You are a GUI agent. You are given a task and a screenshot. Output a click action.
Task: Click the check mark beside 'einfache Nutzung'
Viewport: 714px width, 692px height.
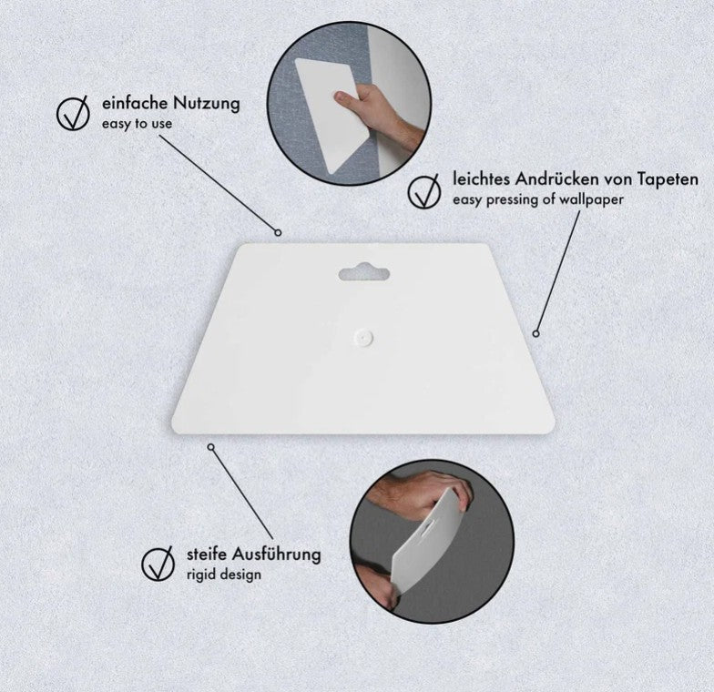click(x=73, y=113)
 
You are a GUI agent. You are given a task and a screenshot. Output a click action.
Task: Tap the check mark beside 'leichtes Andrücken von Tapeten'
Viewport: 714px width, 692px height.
click(x=424, y=191)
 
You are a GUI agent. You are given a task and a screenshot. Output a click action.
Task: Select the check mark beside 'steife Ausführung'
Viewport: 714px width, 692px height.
click(x=158, y=563)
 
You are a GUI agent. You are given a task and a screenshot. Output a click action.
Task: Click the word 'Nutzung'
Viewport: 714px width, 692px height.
click(x=206, y=104)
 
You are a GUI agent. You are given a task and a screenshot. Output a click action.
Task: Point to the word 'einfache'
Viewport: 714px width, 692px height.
click(x=135, y=103)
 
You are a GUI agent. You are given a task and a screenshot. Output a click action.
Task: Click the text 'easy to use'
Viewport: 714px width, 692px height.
click(x=137, y=124)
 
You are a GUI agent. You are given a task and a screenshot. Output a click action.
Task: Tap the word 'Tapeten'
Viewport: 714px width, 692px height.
click(x=668, y=179)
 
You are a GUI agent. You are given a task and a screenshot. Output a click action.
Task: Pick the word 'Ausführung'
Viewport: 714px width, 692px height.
click(x=277, y=555)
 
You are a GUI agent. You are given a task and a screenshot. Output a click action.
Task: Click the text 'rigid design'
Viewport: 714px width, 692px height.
click(x=224, y=575)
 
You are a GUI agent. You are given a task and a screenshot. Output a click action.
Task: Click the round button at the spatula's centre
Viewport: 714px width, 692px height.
click(x=362, y=337)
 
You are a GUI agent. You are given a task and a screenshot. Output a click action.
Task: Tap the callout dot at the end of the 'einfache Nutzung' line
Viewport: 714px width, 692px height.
click(x=278, y=233)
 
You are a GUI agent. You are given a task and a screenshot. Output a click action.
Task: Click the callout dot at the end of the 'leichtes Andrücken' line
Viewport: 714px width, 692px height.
click(x=535, y=333)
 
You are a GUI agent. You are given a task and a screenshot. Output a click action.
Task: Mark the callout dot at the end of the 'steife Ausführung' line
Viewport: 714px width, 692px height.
click(x=210, y=447)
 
